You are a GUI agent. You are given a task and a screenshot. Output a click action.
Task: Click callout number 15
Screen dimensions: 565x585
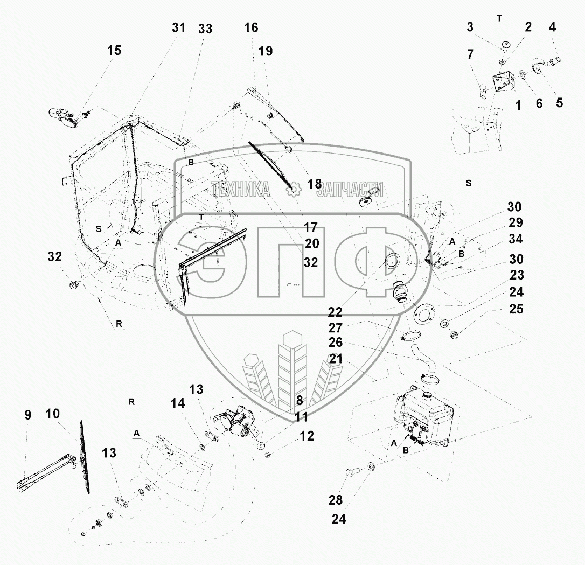tap(114, 51)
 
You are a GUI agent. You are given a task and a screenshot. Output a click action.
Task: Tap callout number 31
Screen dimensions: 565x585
tap(179, 28)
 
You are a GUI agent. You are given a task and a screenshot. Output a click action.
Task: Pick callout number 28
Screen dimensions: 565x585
tap(336, 500)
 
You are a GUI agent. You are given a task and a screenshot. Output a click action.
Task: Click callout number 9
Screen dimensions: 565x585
tap(28, 415)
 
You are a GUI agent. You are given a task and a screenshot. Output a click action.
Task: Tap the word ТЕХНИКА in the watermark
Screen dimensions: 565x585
tap(240, 189)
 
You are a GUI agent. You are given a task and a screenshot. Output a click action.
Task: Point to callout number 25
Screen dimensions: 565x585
tap(516, 309)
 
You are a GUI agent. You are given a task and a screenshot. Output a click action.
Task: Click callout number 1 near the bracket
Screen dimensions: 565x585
tap(518, 105)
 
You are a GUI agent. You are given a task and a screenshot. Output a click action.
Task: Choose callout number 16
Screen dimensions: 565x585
tap(251, 28)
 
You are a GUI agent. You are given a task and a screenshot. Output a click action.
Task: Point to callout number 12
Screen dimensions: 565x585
tap(307, 436)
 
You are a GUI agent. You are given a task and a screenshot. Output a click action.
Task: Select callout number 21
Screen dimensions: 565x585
tap(336, 358)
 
